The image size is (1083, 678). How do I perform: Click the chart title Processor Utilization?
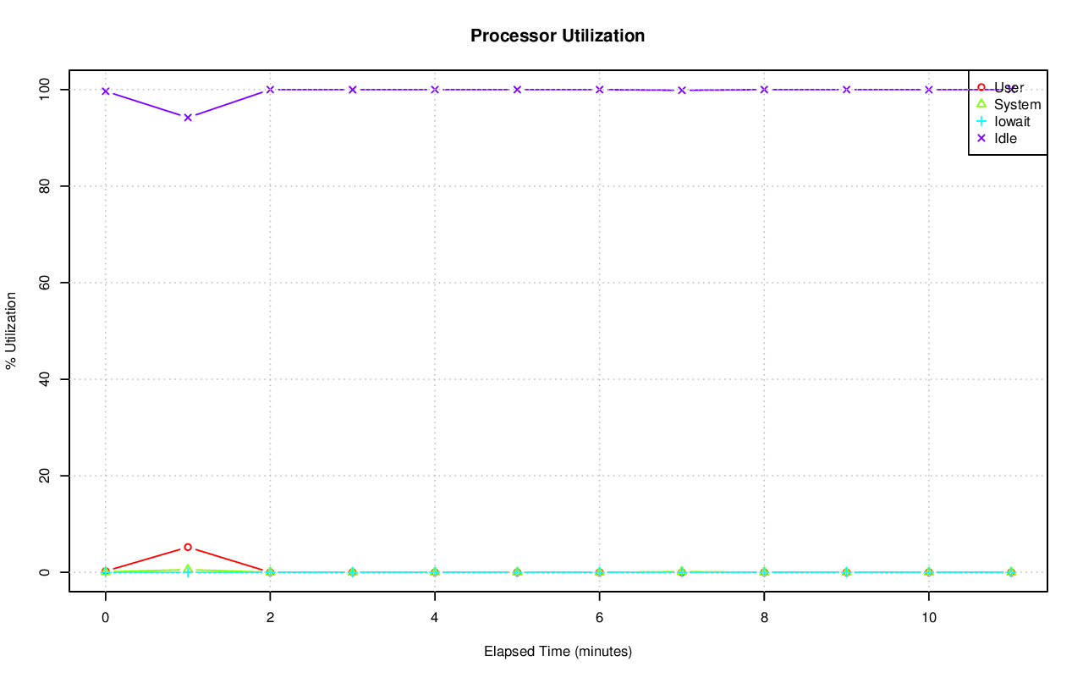click(558, 36)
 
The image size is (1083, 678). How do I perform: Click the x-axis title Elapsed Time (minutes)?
click(558, 652)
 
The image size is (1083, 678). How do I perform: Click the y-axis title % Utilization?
click(12, 331)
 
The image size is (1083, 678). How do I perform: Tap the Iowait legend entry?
click(1012, 121)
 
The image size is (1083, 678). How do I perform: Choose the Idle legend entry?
click(1005, 138)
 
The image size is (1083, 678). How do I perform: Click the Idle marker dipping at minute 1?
click(188, 117)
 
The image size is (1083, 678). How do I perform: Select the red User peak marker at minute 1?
click(188, 547)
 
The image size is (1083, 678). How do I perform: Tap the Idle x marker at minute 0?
click(105, 91)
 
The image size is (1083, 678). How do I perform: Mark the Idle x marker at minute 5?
click(517, 90)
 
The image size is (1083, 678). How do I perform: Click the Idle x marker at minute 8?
click(764, 90)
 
